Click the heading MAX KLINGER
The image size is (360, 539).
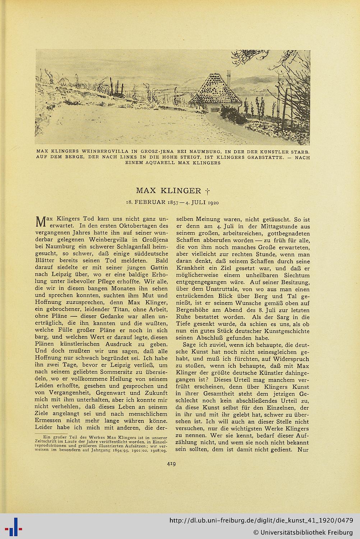pos(168,190)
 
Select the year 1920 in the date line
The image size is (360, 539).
pos(212,202)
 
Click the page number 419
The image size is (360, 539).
pos(171,464)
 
